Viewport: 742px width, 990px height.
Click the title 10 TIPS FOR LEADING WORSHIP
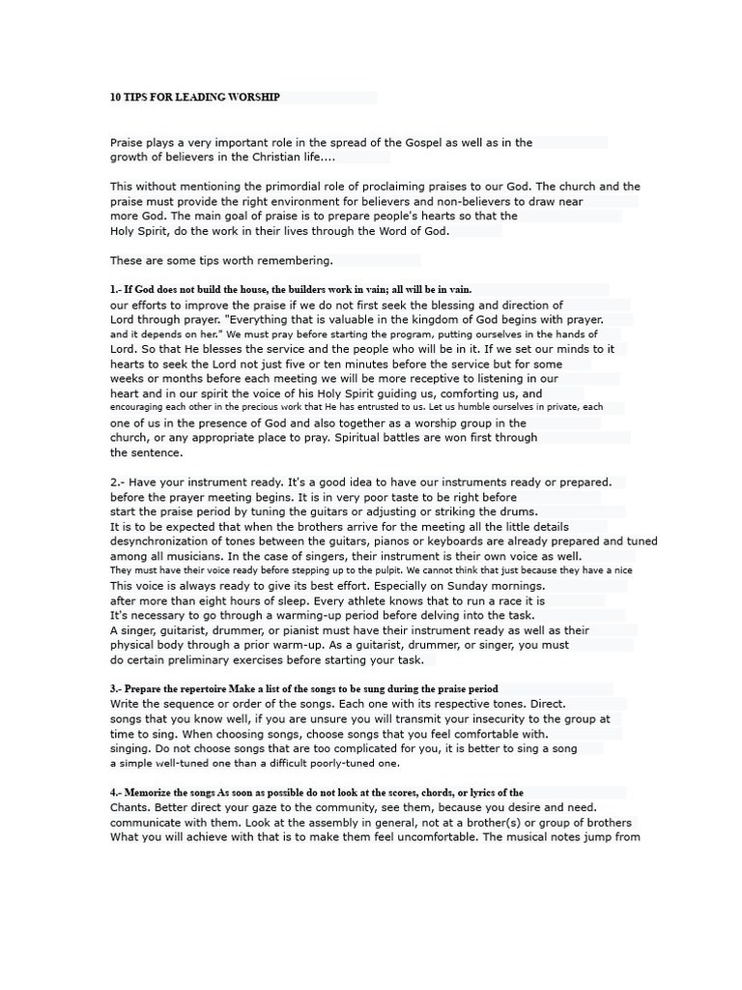click(x=195, y=98)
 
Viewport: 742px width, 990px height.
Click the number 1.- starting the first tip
click(x=116, y=289)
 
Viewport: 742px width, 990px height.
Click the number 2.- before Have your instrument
click(x=117, y=481)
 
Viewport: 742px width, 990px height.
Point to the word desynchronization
click(x=170, y=541)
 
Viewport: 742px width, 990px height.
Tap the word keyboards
click(x=497, y=541)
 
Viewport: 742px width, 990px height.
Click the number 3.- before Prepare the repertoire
click(x=116, y=689)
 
